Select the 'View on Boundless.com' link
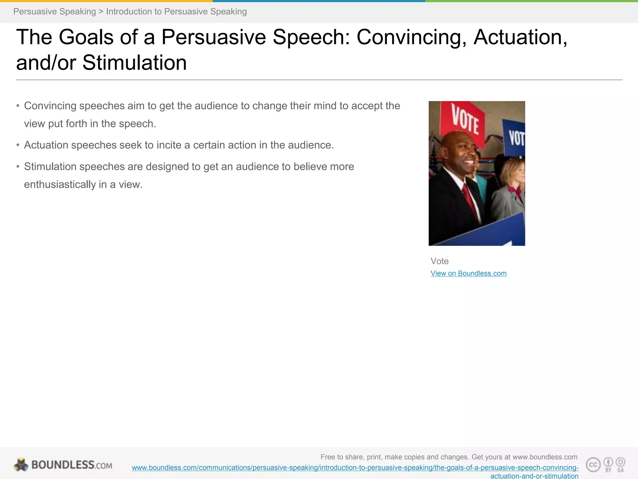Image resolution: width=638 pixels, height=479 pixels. coord(468,273)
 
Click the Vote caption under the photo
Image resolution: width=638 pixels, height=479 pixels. coord(439,261)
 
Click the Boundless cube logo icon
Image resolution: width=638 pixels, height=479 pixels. coord(21,465)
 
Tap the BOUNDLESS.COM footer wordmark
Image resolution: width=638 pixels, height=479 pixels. coord(72,465)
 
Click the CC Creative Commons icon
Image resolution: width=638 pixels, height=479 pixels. coord(593,465)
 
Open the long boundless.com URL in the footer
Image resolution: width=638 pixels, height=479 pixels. coord(355,468)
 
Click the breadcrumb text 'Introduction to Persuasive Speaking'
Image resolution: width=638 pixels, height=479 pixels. coord(176,12)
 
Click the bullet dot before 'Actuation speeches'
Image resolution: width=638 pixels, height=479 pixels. coord(18,145)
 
